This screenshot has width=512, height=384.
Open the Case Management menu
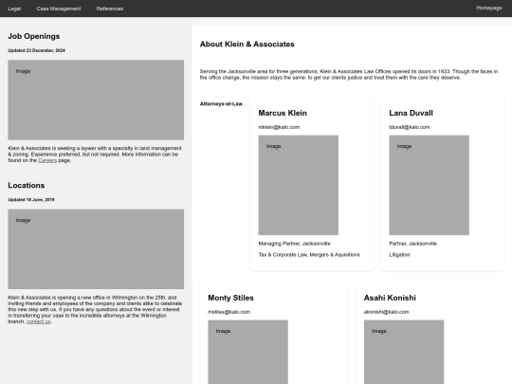(x=59, y=8)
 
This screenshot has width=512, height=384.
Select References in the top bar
(x=110, y=8)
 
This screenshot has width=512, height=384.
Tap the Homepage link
(x=489, y=8)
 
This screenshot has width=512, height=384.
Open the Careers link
(x=48, y=160)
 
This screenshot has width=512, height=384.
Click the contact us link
(x=39, y=321)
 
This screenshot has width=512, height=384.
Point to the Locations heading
(x=27, y=186)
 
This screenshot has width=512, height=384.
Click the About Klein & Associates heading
(x=247, y=45)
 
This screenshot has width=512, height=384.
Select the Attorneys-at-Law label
(x=221, y=103)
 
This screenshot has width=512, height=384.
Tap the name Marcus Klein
(x=283, y=113)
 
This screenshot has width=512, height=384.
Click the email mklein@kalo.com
(x=279, y=126)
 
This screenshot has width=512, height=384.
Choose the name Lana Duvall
(x=411, y=113)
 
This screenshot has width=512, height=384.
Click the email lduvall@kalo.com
(x=410, y=126)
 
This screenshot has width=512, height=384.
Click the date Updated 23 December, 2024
(x=37, y=49)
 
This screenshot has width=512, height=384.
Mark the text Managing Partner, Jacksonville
(x=294, y=243)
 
